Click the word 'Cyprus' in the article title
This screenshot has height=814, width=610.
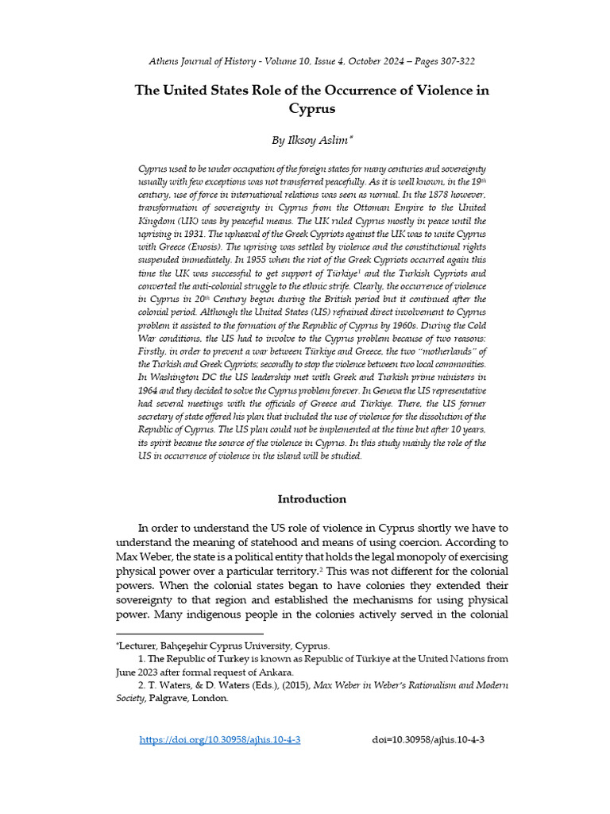coord(311,109)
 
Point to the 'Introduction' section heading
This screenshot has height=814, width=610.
coord(311,499)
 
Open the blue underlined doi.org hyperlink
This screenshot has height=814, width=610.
coord(220,740)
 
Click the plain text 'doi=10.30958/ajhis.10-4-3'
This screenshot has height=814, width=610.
coord(428,740)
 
